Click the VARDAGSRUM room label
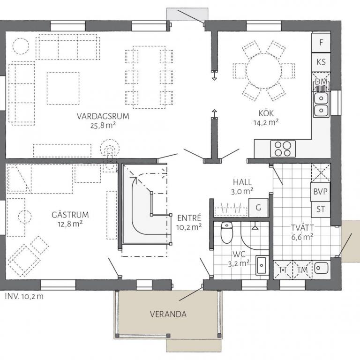coord(103,116)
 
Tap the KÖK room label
coord(266,113)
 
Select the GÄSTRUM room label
coord(70,215)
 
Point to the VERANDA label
coord(168,314)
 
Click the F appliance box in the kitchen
coord(321,42)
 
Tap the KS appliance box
coord(321,62)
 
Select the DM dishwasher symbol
coord(321,82)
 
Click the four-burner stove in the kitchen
coord(283,149)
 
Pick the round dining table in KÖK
coord(264,71)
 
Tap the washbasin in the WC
coord(262,265)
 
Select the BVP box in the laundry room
coord(321,192)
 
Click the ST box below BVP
coord(321,210)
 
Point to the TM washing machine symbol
coord(302,270)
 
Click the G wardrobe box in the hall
coord(259,208)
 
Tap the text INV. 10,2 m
coord(24,296)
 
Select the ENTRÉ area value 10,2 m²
coord(189,227)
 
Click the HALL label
coord(242,182)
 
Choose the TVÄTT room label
coord(302,228)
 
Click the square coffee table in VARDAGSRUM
coord(63,89)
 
